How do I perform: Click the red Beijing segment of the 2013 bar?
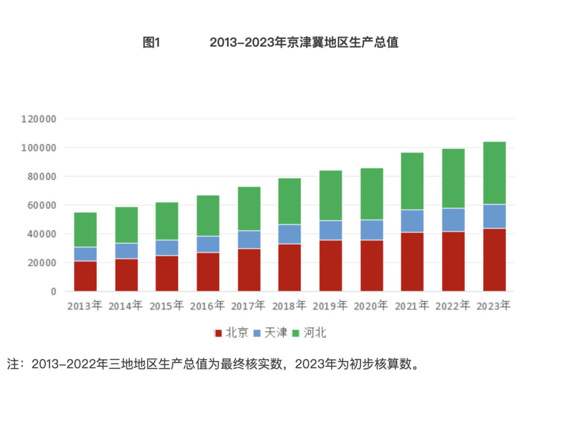85,276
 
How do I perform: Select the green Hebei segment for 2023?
494,173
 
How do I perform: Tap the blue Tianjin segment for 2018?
289,234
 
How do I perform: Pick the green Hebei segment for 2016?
208,216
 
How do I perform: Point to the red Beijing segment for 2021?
412,262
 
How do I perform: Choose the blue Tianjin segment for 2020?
371,230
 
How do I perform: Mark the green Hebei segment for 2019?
331,196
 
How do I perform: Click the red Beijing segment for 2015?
166,273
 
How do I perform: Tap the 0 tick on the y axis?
53,291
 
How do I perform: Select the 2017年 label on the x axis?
248,306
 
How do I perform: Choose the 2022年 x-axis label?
453,306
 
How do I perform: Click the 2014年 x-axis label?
125,306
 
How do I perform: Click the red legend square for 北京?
218,333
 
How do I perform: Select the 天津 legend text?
276,333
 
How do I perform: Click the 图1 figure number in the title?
151,43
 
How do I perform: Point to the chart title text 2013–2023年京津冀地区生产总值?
304,43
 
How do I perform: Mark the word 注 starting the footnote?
13,364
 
